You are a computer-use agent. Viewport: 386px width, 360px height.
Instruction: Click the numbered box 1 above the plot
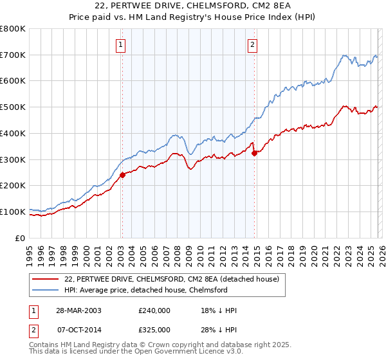[x=121, y=45]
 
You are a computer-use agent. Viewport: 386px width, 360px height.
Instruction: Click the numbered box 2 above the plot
[x=252, y=45]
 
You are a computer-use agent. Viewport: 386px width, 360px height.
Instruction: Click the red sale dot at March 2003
[x=122, y=174]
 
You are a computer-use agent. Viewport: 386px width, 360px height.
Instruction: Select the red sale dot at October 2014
[x=254, y=152]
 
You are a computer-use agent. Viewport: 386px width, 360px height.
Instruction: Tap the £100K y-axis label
[x=14, y=212]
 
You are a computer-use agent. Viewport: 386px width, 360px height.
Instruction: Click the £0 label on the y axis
[x=21, y=238]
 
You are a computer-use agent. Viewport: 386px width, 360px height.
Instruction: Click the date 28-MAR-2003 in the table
[x=78, y=310]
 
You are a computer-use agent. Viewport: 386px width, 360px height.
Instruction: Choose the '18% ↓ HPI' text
[x=219, y=310]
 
